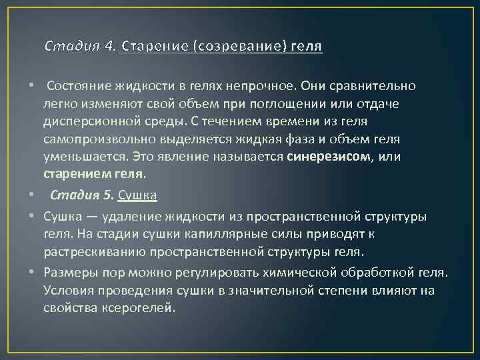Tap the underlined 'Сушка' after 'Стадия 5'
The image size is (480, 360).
(137, 195)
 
